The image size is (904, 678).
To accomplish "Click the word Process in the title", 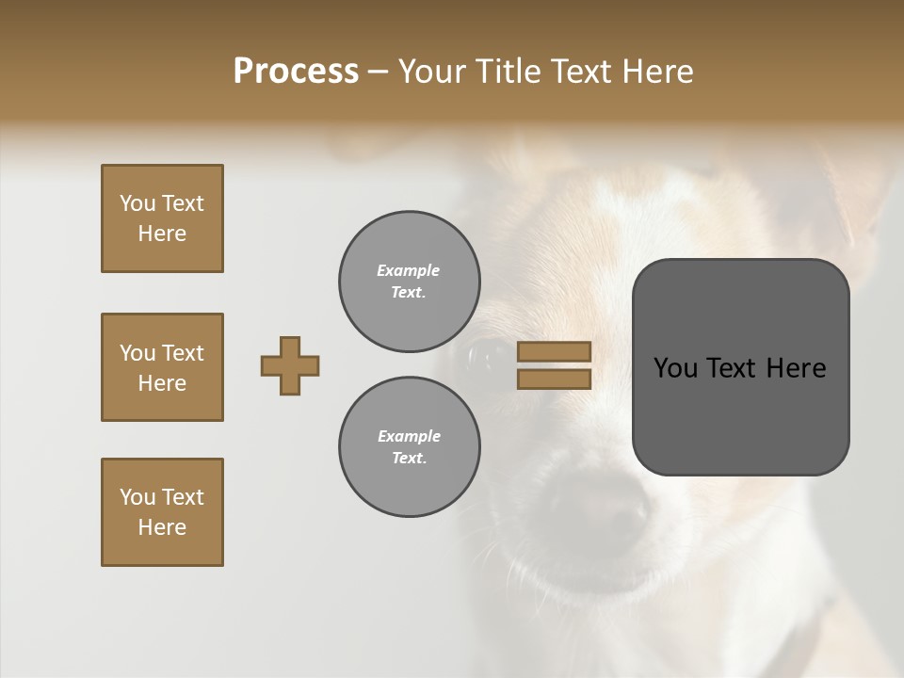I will [x=296, y=72].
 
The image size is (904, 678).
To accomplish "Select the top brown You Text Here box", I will [x=162, y=218].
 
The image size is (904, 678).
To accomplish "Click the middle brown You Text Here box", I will [x=162, y=367].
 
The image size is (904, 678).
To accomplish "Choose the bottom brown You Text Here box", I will [x=162, y=512].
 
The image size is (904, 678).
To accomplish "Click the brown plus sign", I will [x=290, y=365].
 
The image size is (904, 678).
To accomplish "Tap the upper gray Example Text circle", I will [x=410, y=282].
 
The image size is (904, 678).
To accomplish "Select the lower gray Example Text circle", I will [x=410, y=447].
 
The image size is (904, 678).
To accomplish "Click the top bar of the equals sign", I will [x=555, y=352].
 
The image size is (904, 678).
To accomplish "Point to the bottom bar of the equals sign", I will [x=555, y=379].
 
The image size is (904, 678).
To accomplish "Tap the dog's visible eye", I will [x=487, y=356].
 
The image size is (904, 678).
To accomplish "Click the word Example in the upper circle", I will [x=409, y=270].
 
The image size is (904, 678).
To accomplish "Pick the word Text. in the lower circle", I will [x=409, y=459].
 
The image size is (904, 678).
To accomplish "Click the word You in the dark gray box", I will [x=674, y=368].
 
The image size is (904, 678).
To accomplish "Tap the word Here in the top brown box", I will [x=162, y=234].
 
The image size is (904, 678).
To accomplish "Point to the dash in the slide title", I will [x=379, y=72].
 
